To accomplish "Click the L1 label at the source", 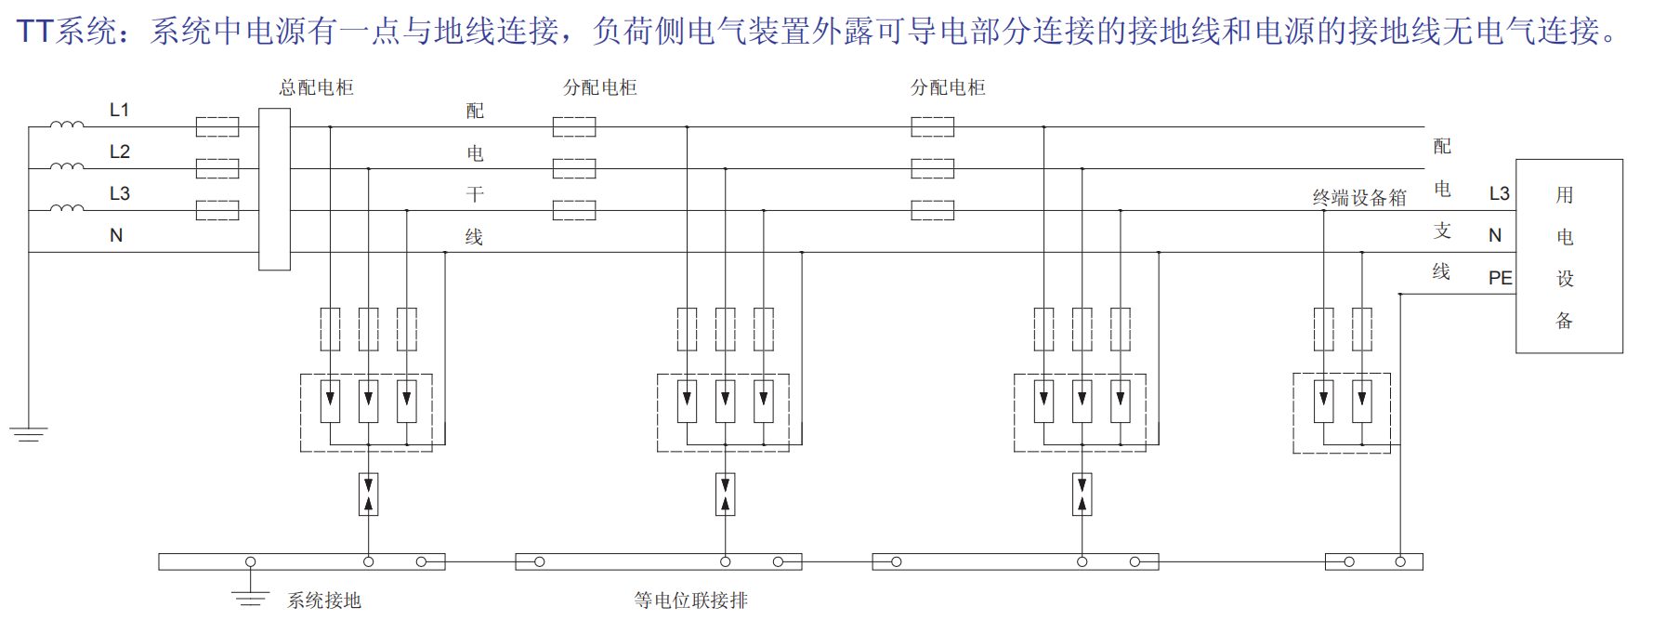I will [x=119, y=110].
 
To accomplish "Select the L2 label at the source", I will [x=119, y=152].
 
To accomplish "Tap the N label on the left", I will [x=116, y=235].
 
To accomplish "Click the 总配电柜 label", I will [x=316, y=87].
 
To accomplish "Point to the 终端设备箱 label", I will [x=1358, y=197].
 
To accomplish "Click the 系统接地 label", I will [x=323, y=600].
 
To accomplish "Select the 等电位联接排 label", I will [x=690, y=600].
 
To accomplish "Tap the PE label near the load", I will [x=1500, y=278].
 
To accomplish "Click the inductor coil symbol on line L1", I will [x=66, y=124].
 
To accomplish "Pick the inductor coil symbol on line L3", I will [x=66, y=207].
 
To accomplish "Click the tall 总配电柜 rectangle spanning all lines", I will [x=274, y=189].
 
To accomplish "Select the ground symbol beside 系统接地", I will [x=250, y=598].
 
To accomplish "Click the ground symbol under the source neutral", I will [x=29, y=433].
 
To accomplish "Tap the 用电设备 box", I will [x=1568, y=256].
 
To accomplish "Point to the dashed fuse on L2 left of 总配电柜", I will [x=217, y=168].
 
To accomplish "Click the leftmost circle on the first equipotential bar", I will [x=250, y=561].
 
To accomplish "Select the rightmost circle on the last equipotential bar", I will [x=1400, y=561].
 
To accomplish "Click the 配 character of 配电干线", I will [x=475, y=111].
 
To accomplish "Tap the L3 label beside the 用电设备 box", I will [x=1499, y=193].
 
